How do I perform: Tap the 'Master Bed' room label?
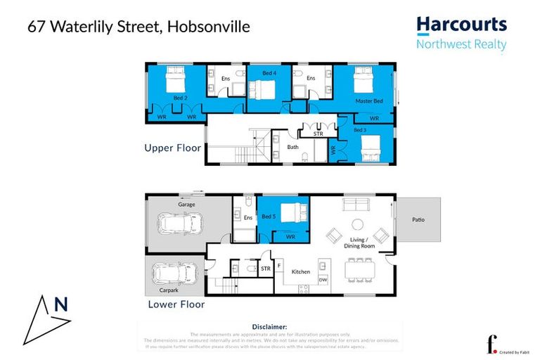[368, 101]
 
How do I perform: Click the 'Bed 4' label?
[269, 73]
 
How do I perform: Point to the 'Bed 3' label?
[360, 130]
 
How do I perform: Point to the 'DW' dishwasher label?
[323, 280]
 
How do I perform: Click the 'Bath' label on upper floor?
[293, 147]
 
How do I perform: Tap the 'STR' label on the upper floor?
[309, 133]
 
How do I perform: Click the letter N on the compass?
[62, 304]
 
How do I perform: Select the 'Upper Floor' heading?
[173, 148]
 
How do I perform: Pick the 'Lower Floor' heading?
[176, 304]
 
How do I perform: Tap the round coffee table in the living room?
[356, 224]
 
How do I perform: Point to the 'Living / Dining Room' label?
[351, 244]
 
